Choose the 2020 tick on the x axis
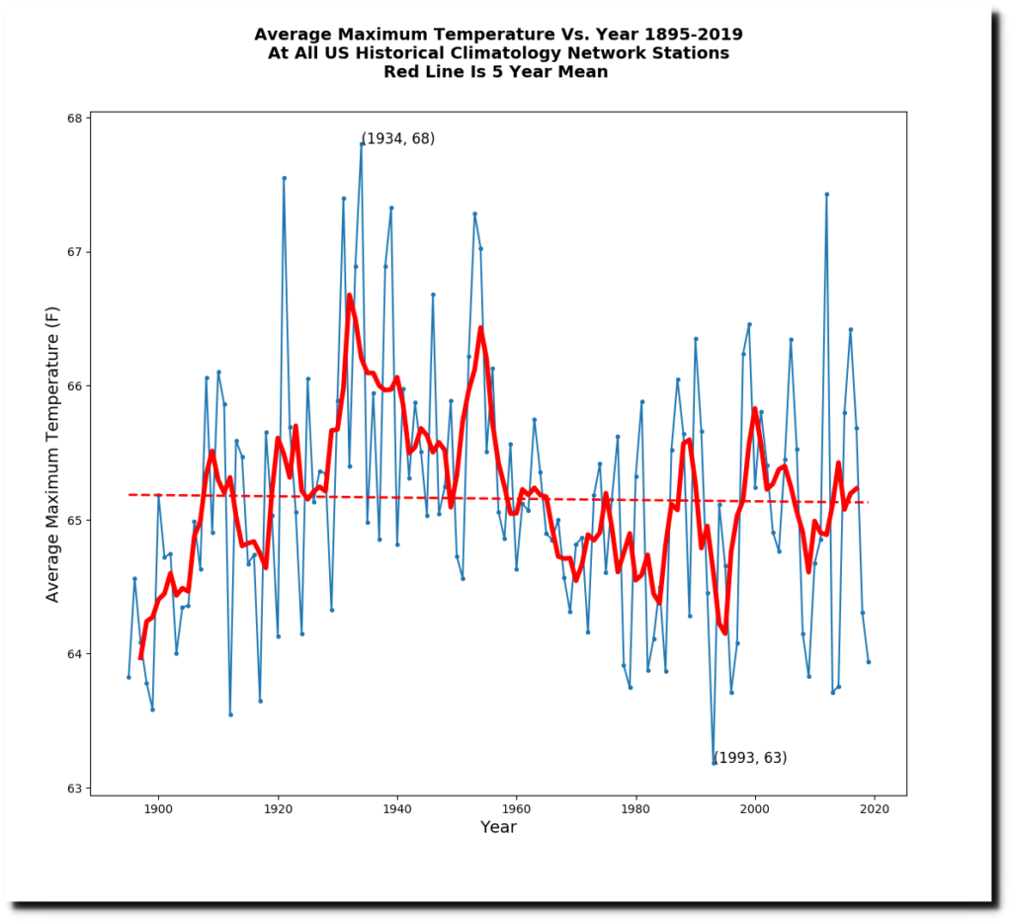point(875,796)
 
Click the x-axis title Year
point(498,827)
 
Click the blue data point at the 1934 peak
point(362,143)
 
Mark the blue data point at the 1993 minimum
point(714,763)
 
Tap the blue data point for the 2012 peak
point(826,194)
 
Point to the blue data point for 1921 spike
point(284,178)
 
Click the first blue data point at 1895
point(128,677)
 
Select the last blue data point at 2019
point(869,662)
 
